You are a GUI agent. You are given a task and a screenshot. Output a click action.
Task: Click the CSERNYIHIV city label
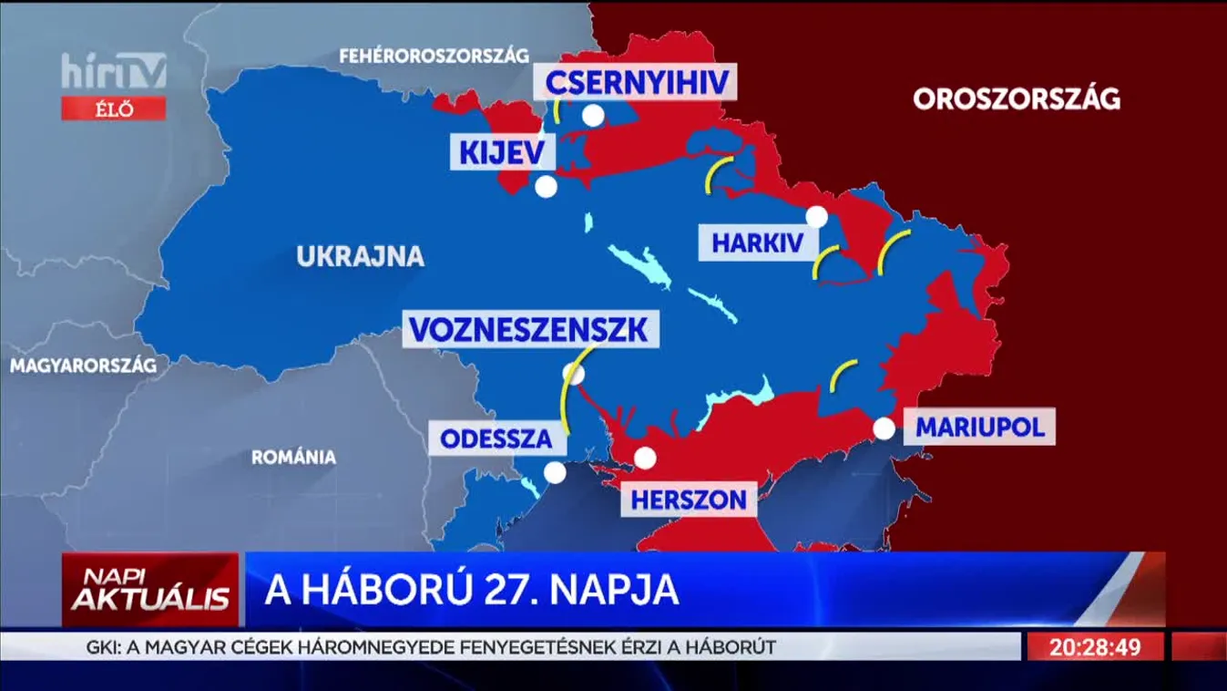pyautogui.click(x=637, y=83)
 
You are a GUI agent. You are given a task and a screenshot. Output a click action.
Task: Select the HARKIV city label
pyautogui.click(x=758, y=243)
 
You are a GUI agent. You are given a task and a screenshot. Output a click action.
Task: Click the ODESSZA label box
pyautogui.click(x=496, y=438)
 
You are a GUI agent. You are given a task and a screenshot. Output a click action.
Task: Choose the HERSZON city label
pyautogui.click(x=689, y=499)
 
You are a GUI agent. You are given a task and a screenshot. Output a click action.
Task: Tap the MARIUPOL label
pyautogui.click(x=979, y=427)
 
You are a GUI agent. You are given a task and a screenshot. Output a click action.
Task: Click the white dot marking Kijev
pyautogui.click(x=546, y=187)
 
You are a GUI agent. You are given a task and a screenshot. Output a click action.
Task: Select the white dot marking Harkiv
pyautogui.click(x=817, y=217)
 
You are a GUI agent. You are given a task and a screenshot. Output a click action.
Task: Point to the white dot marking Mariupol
pyautogui.click(x=884, y=428)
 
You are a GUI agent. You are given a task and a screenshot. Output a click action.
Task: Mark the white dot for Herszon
pyautogui.click(x=645, y=458)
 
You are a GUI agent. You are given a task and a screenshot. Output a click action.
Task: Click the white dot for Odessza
pyautogui.click(x=555, y=472)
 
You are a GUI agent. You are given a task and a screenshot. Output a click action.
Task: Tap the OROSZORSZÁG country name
pyautogui.click(x=1017, y=99)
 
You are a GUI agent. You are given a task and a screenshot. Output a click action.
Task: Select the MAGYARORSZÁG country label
pyautogui.click(x=83, y=366)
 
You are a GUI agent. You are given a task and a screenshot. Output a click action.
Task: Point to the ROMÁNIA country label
pyautogui.click(x=293, y=457)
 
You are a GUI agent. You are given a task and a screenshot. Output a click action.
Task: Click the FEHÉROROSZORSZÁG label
pyautogui.click(x=434, y=56)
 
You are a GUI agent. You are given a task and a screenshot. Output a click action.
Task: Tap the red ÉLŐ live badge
pyautogui.click(x=114, y=109)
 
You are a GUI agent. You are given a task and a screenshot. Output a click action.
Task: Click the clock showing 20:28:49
pyautogui.click(x=1095, y=647)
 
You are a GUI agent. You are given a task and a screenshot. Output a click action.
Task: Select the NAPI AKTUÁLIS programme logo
pyautogui.click(x=150, y=590)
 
